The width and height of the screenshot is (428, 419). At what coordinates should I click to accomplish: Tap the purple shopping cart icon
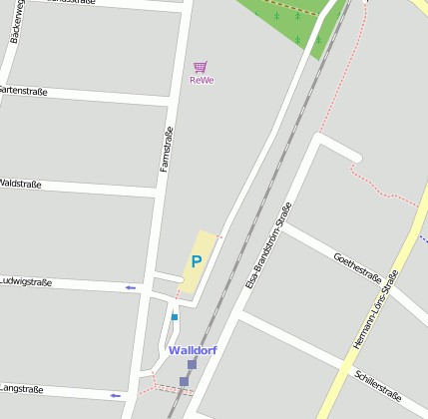pos(200,67)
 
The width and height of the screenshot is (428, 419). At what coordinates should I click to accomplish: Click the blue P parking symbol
pos(197,261)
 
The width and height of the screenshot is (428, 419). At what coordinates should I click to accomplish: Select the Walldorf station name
pos(193,350)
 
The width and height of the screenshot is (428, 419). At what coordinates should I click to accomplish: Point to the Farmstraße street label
pos(167,149)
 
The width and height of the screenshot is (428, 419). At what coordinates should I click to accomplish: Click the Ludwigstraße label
pos(26,282)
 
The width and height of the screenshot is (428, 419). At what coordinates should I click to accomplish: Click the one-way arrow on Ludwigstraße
pos(130,287)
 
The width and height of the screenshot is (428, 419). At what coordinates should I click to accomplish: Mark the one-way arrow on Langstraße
pos(115,395)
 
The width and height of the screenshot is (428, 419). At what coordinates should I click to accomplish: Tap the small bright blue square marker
pos(174,317)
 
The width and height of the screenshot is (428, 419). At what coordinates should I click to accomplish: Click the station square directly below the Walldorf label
pos(192,364)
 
